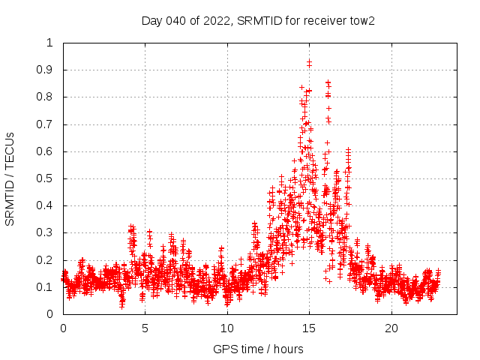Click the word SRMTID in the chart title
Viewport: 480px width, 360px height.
click(258, 21)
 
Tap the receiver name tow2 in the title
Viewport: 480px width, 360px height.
click(360, 21)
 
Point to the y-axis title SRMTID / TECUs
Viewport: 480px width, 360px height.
click(10, 178)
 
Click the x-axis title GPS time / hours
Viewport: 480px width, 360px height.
click(258, 349)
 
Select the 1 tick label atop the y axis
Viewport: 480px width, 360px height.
click(50, 43)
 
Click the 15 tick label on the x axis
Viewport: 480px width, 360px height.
click(309, 328)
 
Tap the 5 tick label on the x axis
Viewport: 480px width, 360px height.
click(145, 328)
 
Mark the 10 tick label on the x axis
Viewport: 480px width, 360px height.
click(227, 328)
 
